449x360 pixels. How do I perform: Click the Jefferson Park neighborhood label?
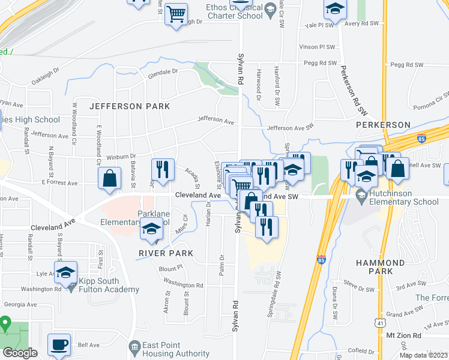coord(130,106)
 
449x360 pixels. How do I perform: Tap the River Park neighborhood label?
coord(167,253)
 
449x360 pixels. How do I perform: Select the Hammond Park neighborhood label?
coord(397,267)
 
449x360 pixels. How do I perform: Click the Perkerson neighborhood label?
coord(383,125)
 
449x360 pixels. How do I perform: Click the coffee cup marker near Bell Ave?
coord(59,345)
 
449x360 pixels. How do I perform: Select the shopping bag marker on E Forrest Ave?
coord(110,179)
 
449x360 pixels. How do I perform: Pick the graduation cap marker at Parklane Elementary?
coord(151,229)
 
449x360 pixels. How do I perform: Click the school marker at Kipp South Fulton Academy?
coord(66,272)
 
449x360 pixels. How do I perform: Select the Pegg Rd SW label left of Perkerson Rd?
coord(319,63)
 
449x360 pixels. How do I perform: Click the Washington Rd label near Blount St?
coord(183,285)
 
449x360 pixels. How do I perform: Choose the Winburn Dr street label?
coord(121,157)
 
